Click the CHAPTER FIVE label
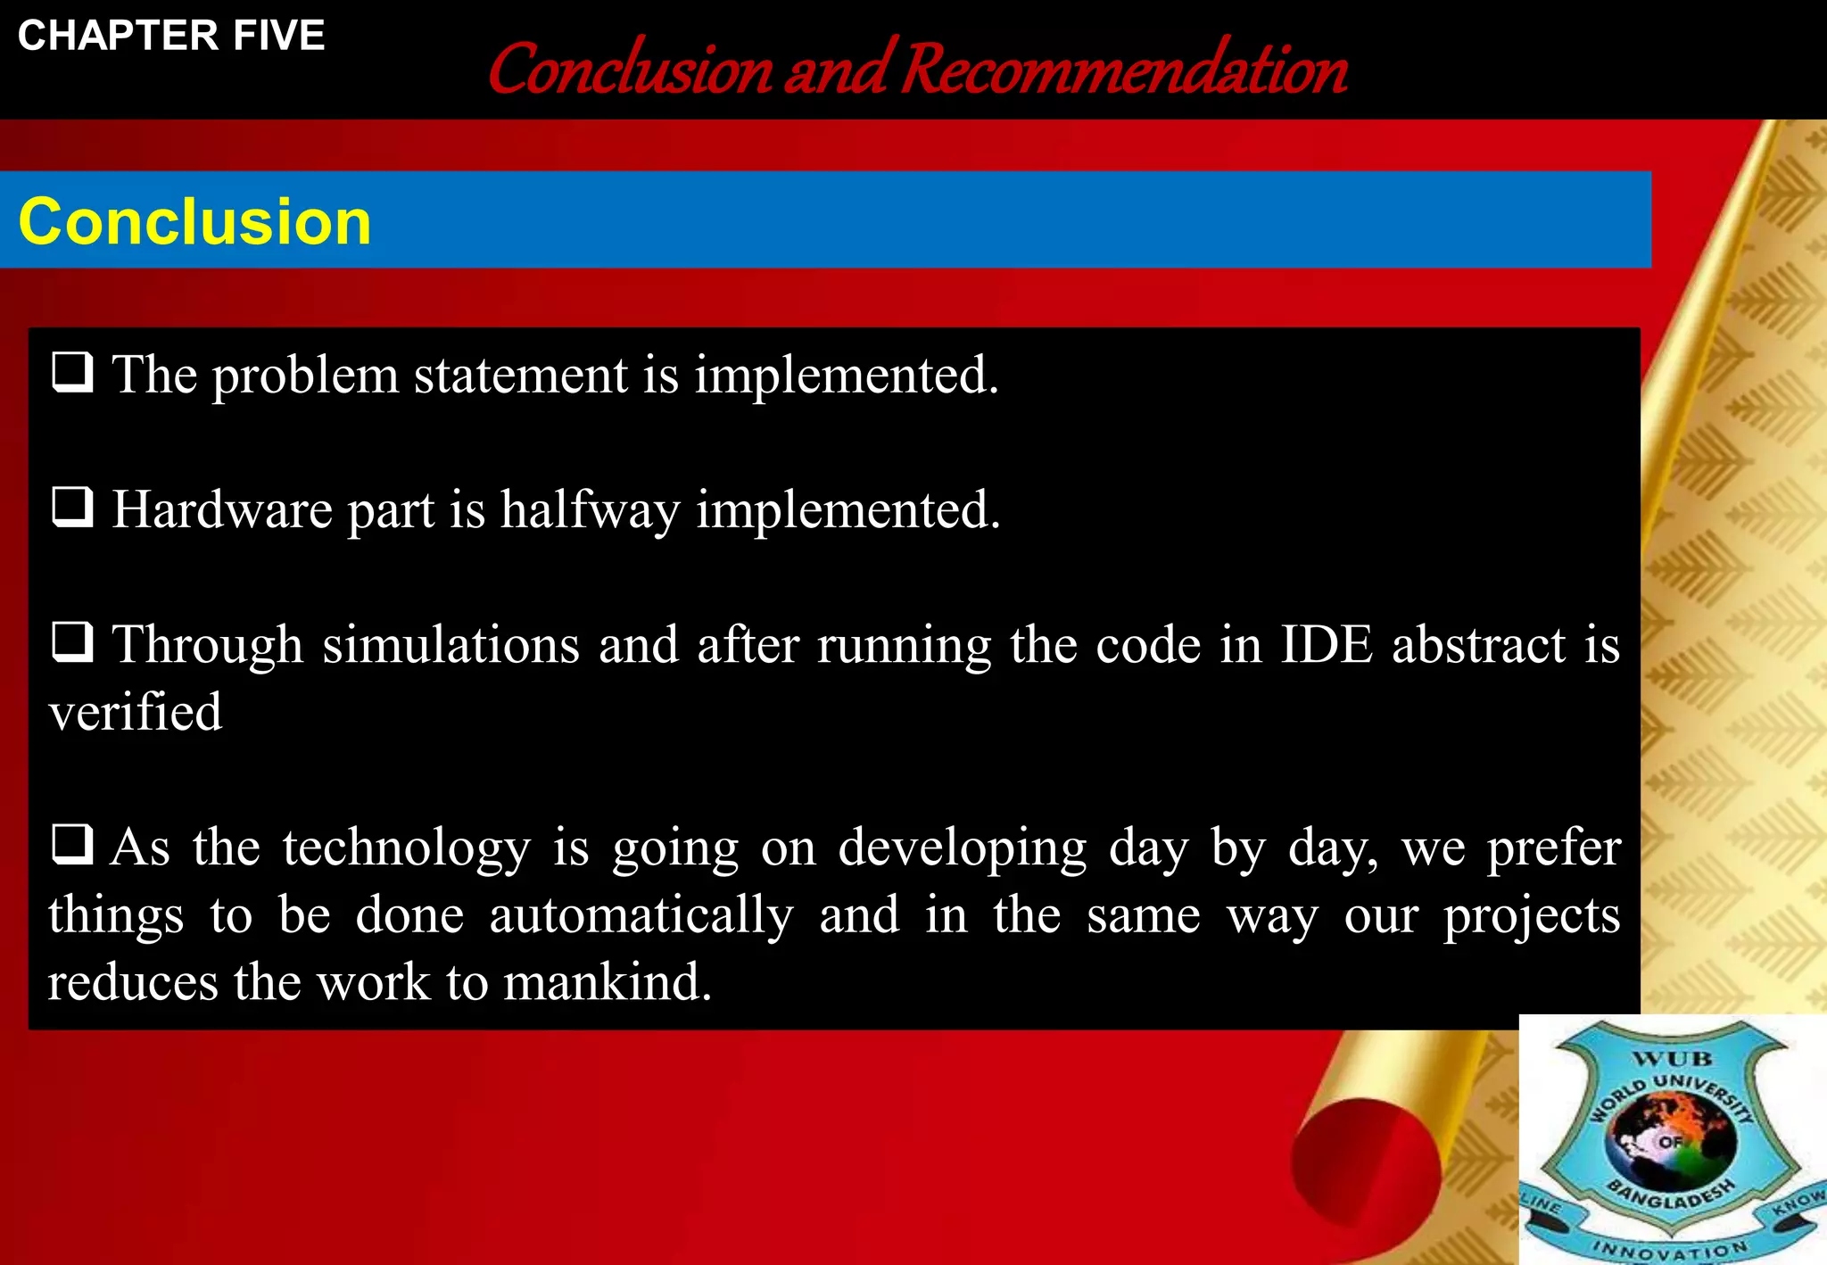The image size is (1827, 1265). click(x=171, y=37)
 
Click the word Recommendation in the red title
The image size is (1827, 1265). click(x=1124, y=70)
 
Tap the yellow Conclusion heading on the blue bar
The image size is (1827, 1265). click(x=194, y=221)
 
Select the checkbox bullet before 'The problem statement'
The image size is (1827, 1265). click(x=72, y=372)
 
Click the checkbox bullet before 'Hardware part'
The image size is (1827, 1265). click(x=72, y=508)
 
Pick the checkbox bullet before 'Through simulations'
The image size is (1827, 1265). click(x=72, y=642)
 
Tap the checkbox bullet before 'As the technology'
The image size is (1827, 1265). click(x=72, y=844)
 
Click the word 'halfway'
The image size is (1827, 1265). click(x=590, y=510)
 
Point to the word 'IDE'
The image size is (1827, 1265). click(x=1327, y=644)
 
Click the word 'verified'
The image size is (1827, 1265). click(x=135, y=712)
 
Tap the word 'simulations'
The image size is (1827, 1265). click(x=451, y=644)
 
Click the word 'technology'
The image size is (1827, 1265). click(x=406, y=847)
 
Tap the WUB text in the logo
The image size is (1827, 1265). click(x=1672, y=1059)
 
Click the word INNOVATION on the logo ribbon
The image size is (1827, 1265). click(x=1668, y=1249)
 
